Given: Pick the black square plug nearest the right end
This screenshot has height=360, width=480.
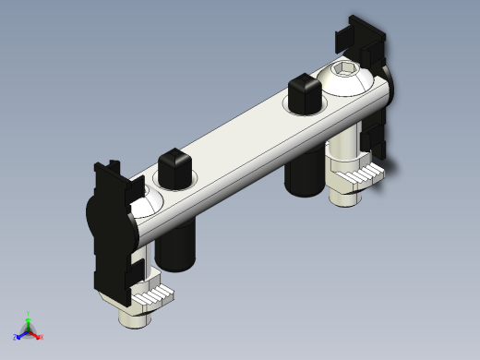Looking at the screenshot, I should pyautogui.click(x=304, y=91).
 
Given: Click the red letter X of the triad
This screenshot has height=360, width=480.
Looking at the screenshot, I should pyautogui.click(x=42, y=338).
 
